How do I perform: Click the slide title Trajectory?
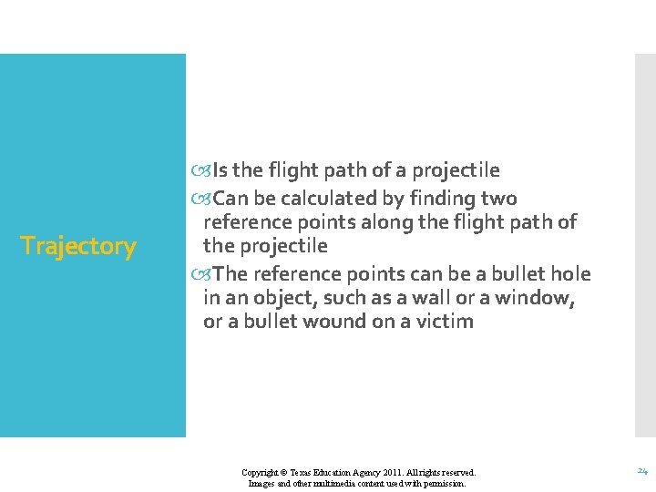click(78, 246)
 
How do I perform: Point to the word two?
click(498, 199)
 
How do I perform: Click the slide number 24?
click(641, 471)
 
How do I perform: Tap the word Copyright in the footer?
click(261, 473)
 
